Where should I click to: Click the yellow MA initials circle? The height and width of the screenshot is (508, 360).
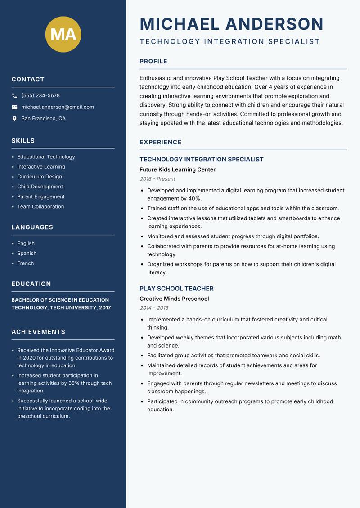(63, 34)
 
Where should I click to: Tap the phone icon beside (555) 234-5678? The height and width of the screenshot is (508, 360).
(15, 96)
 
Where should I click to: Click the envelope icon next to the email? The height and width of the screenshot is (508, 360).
(15, 107)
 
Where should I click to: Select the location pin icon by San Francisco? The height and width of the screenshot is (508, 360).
(15, 119)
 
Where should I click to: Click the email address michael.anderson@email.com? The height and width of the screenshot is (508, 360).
(58, 107)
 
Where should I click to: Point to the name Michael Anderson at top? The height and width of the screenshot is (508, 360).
(231, 24)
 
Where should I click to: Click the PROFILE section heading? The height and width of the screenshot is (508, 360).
(153, 62)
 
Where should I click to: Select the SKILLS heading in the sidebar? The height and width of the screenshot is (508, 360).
(23, 141)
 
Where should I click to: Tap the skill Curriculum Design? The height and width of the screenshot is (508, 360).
(40, 177)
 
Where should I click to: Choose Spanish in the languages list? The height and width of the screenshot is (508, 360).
(27, 253)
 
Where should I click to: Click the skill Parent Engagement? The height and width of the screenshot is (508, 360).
(41, 196)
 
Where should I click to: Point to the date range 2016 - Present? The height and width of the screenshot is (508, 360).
(157, 179)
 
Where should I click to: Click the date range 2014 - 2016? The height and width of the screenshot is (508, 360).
(154, 308)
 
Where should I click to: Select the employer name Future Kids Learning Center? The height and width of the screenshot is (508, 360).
(177, 169)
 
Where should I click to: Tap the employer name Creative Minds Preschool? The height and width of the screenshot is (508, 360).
(174, 299)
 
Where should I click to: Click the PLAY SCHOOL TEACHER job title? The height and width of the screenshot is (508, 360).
(176, 289)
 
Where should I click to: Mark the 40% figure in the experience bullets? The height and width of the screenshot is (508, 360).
(194, 198)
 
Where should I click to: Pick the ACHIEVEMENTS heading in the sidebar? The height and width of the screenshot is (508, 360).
(38, 332)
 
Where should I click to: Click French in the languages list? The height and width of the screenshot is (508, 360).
(26, 263)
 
